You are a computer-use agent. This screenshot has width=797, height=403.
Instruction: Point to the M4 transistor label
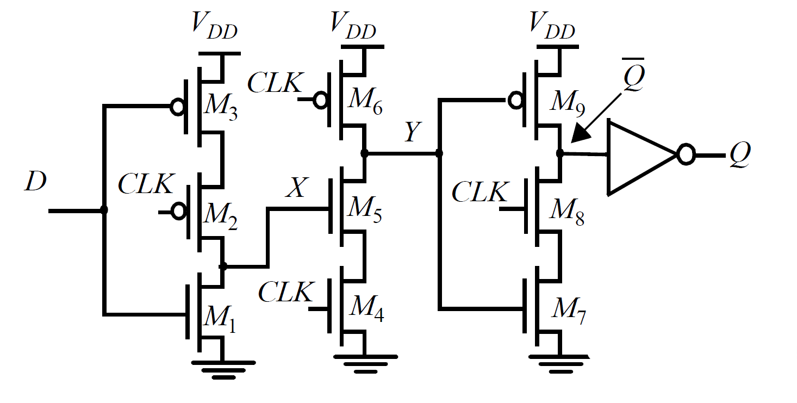[366, 308]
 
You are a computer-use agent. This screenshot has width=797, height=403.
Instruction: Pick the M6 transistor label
[365, 102]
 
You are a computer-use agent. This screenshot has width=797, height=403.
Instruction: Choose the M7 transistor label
[569, 311]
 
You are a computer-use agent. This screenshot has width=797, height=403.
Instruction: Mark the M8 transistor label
[568, 211]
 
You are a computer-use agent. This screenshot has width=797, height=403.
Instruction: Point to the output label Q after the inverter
[740, 156]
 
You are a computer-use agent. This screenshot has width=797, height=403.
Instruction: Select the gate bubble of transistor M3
[178, 107]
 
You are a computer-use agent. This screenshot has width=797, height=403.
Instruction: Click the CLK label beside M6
[275, 83]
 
